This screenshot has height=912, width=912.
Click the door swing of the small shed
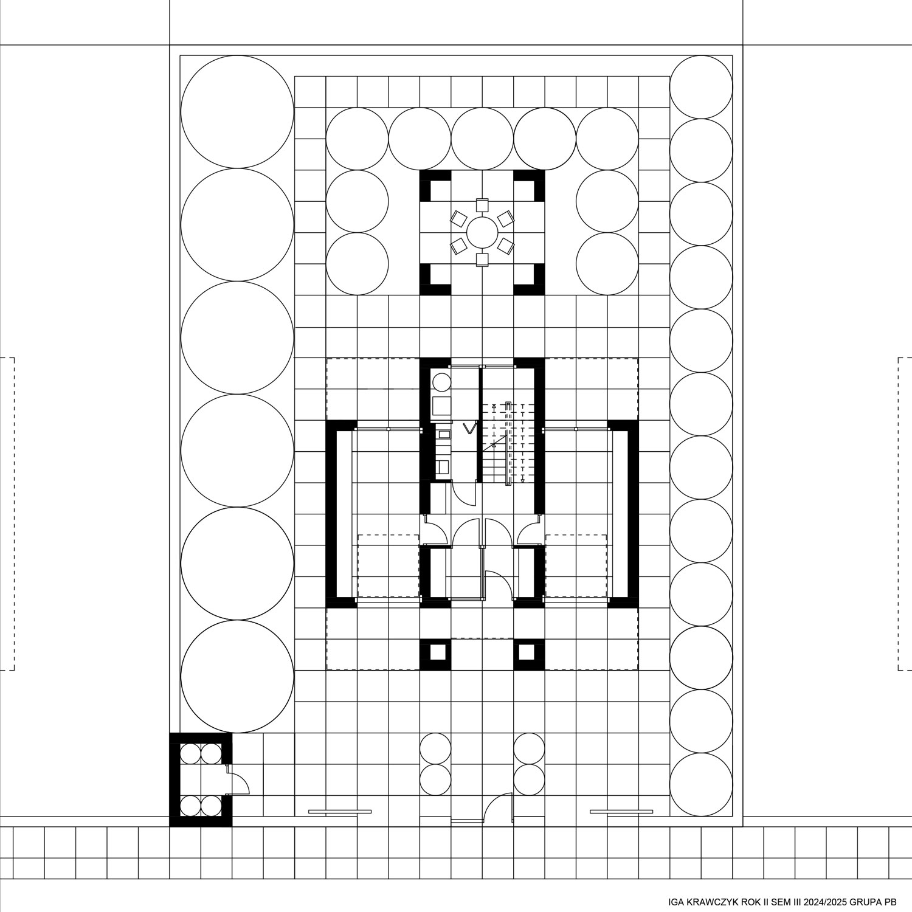point(238,779)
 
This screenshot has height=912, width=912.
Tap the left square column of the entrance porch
point(435,653)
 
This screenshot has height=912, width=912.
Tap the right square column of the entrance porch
point(529,653)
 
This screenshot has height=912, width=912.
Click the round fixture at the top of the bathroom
point(441,382)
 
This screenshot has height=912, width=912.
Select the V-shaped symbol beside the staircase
point(469,428)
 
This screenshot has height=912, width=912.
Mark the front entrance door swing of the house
point(498,584)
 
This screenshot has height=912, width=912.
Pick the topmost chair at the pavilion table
point(482,205)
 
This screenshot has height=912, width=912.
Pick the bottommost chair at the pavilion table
point(482,260)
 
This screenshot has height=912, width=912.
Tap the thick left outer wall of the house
point(333,514)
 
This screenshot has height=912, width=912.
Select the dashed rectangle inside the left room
point(388,565)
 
